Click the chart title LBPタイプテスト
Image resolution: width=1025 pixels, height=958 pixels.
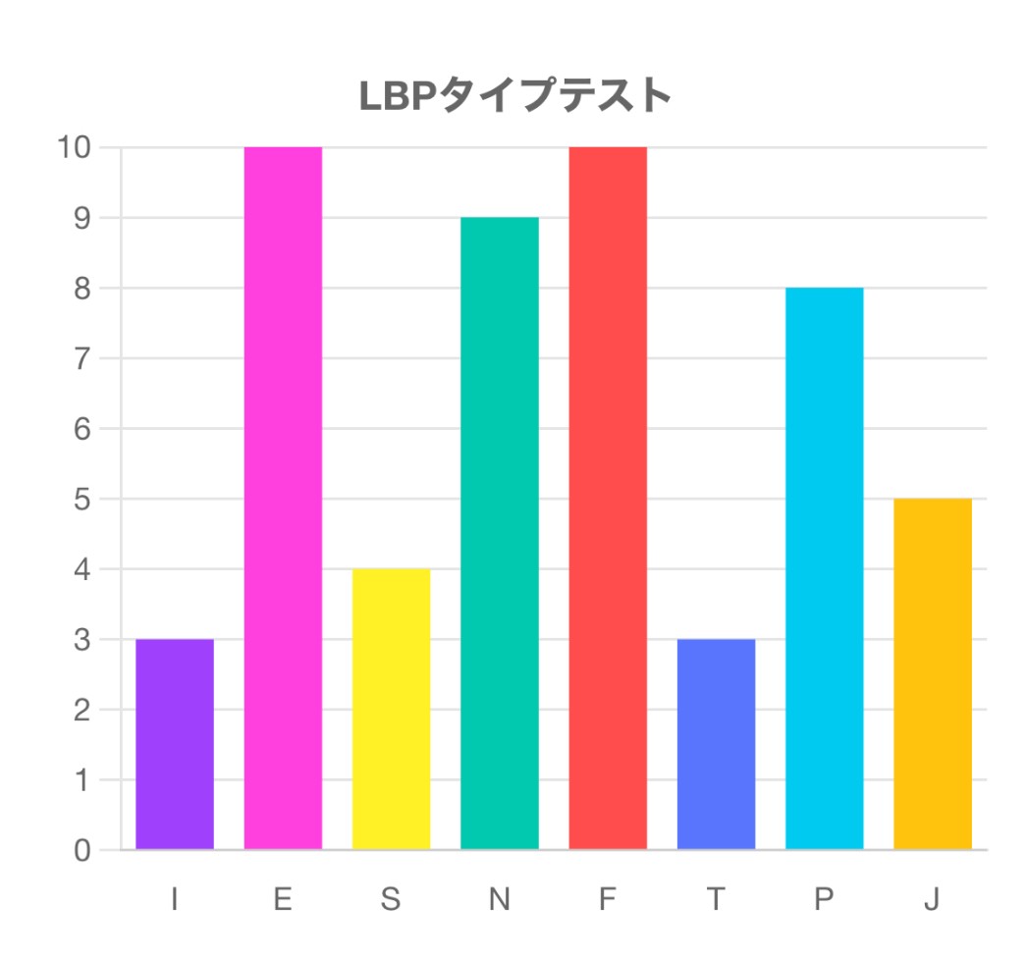(514, 96)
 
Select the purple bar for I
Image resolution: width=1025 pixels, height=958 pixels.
(175, 744)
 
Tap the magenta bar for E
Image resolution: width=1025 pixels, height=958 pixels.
(283, 498)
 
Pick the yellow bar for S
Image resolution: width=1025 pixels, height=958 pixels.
(391, 709)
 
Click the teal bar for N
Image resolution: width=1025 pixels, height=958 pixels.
(500, 533)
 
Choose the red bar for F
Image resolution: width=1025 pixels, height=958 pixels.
(608, 498)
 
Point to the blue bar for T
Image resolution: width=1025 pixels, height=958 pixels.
(716, 744)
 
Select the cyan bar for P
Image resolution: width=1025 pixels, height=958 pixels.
(825, 568)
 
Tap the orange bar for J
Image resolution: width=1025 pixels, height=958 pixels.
(933, 673)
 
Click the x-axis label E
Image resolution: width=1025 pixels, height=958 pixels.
(283, 899)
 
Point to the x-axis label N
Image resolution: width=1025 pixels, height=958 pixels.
(500, 899)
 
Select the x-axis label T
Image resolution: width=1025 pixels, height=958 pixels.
(716, 899)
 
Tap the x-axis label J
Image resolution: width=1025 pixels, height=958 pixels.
(932, 899)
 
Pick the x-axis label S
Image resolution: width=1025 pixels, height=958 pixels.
(391, 899)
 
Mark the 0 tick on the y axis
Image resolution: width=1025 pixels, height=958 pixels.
(81, 851)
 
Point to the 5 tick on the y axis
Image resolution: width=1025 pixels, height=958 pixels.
(81, 499)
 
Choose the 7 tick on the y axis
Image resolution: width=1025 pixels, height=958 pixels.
(81, 358)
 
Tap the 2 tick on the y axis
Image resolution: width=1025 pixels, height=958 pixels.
(81, 710)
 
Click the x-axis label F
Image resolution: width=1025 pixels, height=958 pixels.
(608, 899)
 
